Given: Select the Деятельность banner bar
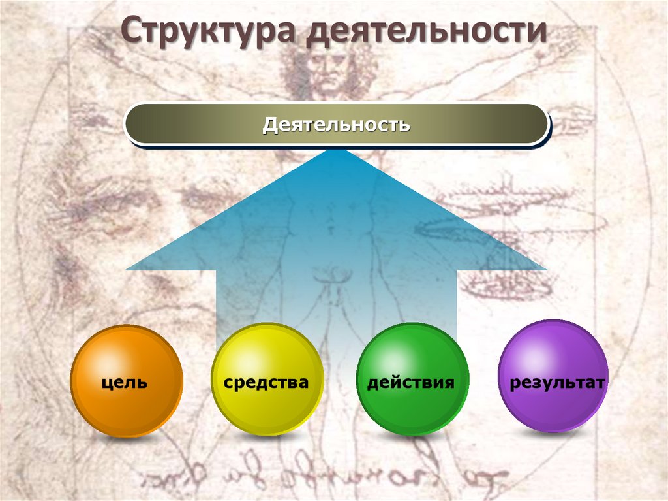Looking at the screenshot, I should coord(337,123).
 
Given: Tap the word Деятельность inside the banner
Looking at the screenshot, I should coord(337,123).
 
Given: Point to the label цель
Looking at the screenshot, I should coord(125,383).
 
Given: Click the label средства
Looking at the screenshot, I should coord(266,382).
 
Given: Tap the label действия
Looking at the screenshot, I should coord(411,382).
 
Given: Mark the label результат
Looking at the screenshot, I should coord(558,382).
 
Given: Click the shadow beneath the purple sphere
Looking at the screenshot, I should coord(554,438).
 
